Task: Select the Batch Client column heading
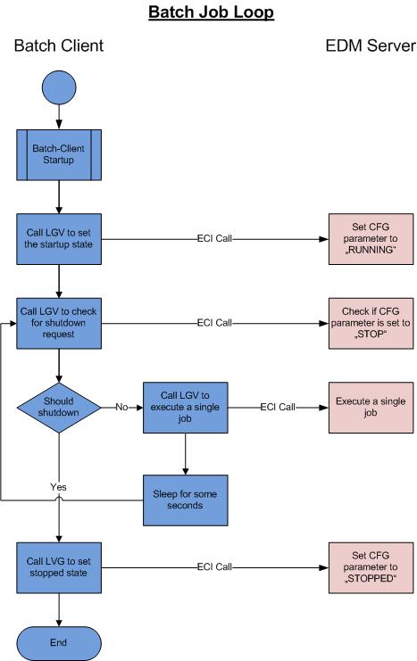pos(58,45)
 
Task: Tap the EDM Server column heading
pos(368,45)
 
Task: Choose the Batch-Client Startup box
pos(58,154)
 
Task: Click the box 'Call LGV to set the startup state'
pos(58,239)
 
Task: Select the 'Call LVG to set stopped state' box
pos(58,566)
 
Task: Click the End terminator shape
pos(58,641)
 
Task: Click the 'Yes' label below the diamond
pos(58,488)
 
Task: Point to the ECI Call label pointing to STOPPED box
pos(213,566)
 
